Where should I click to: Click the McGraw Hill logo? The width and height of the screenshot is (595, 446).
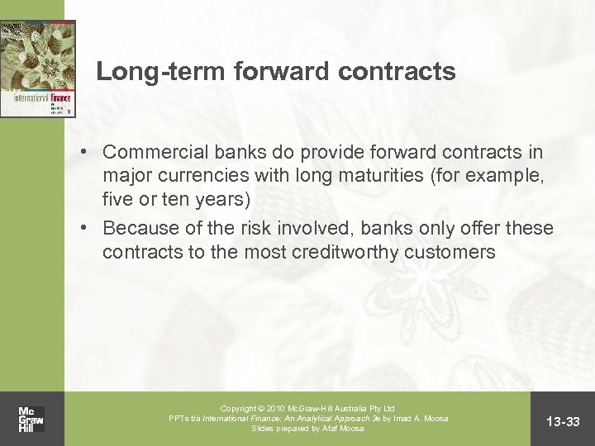pyautogui.click(x=31, y=419)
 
